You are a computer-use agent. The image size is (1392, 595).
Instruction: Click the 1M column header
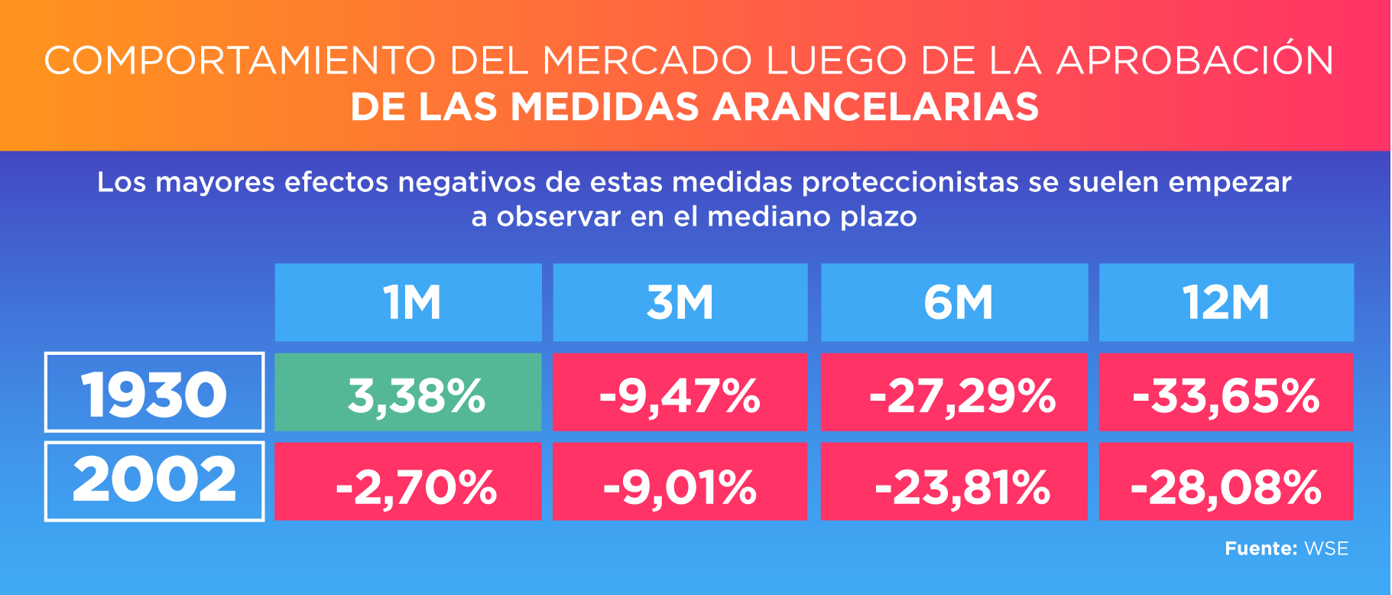(408, 303)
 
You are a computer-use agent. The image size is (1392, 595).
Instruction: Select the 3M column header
(680, 303)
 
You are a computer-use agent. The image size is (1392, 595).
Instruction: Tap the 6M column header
(954, 303)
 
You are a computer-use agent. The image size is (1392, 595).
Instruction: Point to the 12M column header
(1226, 303)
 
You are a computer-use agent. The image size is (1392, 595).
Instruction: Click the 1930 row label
(154, 393)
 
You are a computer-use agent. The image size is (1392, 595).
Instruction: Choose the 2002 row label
(154, 481)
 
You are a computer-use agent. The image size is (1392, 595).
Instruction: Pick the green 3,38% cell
(408, 393)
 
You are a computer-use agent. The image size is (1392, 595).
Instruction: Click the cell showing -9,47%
(680, 393)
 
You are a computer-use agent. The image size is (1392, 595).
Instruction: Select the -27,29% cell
(954, 393)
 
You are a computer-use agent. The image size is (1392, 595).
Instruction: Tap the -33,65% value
(1226, 393)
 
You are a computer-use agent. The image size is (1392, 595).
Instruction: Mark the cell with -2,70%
(408, 483)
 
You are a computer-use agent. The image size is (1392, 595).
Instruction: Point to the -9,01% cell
(680, 483)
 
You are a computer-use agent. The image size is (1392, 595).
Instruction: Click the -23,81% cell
(954, 483)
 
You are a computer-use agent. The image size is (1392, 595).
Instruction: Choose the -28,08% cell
(1226, 483)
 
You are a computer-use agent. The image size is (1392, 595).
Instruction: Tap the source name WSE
(1326, 548)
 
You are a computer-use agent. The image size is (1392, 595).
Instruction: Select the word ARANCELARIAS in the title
(876, 106)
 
